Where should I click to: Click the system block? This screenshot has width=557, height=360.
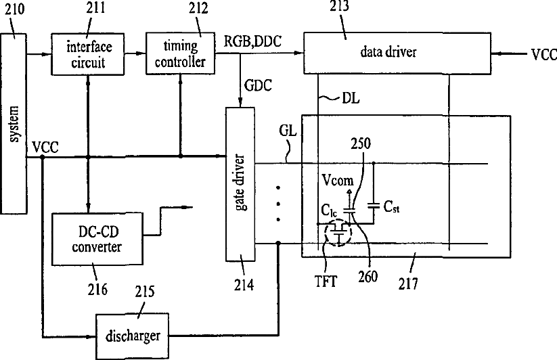point(14,124)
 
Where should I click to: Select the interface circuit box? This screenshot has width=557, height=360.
point(88,54)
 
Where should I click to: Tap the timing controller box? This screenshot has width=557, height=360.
point(181,53)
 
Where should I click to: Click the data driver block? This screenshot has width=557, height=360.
point(397,53)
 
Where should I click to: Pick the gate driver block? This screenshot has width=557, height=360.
point(240,184)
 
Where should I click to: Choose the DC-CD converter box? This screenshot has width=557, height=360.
point(97,239)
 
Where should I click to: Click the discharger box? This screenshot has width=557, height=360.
point(133,336)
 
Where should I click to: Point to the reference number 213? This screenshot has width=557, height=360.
point(339,6)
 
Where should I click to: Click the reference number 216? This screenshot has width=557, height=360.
point(97,290)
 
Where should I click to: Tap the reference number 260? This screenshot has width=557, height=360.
point(367,277)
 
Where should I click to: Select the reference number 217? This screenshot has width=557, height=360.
point(408,284)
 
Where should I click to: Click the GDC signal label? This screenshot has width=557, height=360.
point(259,85)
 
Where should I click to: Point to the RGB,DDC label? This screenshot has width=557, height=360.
point(252,41)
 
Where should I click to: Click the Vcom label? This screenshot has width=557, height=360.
point(338,181)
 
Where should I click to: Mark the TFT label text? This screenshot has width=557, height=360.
point(326,282)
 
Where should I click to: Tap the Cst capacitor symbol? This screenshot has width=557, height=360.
point(374,205)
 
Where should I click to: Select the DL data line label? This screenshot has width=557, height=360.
point(351,98)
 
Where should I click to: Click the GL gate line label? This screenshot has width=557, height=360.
point(288,131)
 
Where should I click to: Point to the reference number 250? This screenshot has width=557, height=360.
point(361,143)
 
